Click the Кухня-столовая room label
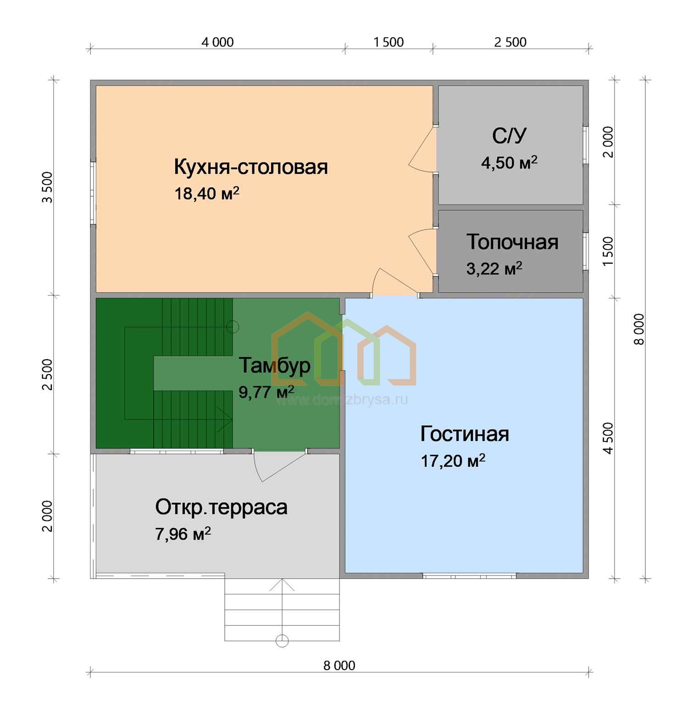pos(251,167)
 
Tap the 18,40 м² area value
pos(207,193)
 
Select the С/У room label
pos(509,136)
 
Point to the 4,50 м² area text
pos(509,162)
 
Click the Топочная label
pos(512,242)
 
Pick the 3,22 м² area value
pos(494,268)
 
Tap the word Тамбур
pos(275,366)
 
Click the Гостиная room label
pos(465,434)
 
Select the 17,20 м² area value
pos(453,460)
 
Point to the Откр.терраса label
pos(221,507)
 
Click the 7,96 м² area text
pos(183,534)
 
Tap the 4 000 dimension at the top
pos(217,42)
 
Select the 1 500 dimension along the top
pos(388,42)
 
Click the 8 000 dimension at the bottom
pos(339,665)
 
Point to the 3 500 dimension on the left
pos(47,187)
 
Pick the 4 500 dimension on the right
pos(608,438)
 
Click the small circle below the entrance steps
pos(282,641)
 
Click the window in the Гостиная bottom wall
pos(470,576)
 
